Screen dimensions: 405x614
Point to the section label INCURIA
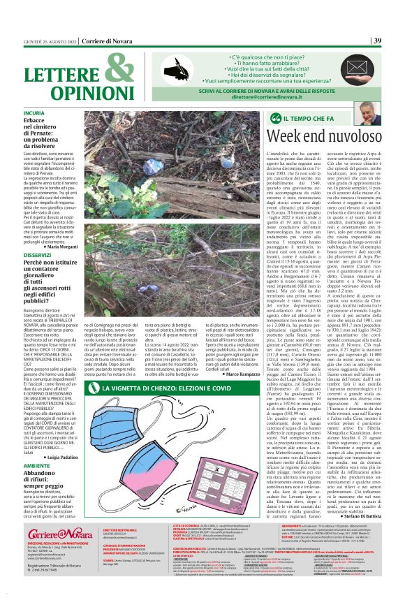(36, 112)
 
